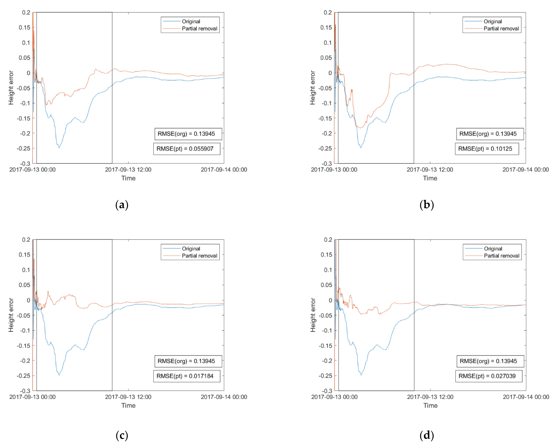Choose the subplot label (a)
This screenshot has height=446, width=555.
click(122, 205)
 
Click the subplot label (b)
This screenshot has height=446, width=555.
click(427, 205)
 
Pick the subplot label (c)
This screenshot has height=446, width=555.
click(122, 436)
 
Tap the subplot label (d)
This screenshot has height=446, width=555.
click(427, 436)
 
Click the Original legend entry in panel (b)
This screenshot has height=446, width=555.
click(493, 21)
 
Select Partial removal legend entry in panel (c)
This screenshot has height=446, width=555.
click(199, 256)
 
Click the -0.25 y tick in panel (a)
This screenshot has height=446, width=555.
click(23, 149)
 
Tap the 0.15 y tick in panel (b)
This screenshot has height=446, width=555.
click(326, 28)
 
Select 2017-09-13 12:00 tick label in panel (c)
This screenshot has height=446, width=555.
click(128, 397)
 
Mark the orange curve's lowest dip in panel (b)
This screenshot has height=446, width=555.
click(360, 128)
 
